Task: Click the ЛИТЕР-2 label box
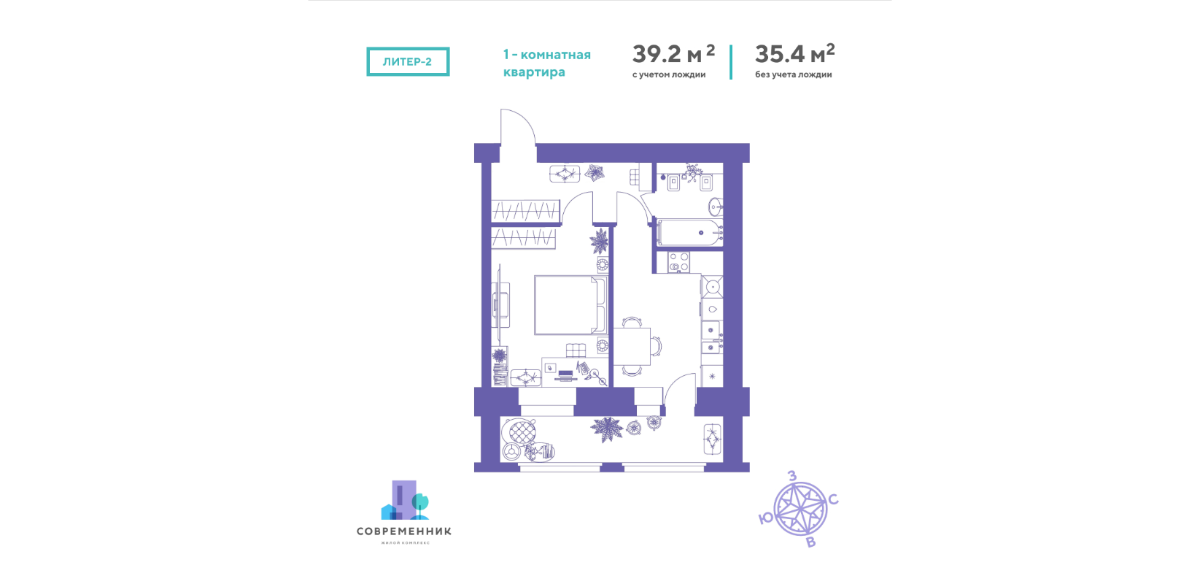tap(408, 61)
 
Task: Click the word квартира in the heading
tap(534, 72)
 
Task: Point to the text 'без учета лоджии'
tap(794, 74)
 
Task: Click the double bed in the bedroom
tap(571, 305)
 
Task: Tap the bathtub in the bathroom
tap(689, 233)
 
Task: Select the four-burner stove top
tap(678, 262)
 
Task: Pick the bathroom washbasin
tap(716, 206)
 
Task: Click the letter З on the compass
tap(791, 476)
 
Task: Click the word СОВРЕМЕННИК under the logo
tap(404, 531)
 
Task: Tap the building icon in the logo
tap(404, 500)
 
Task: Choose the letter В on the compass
tap(811, 542)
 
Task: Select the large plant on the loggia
tap(607, 429)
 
